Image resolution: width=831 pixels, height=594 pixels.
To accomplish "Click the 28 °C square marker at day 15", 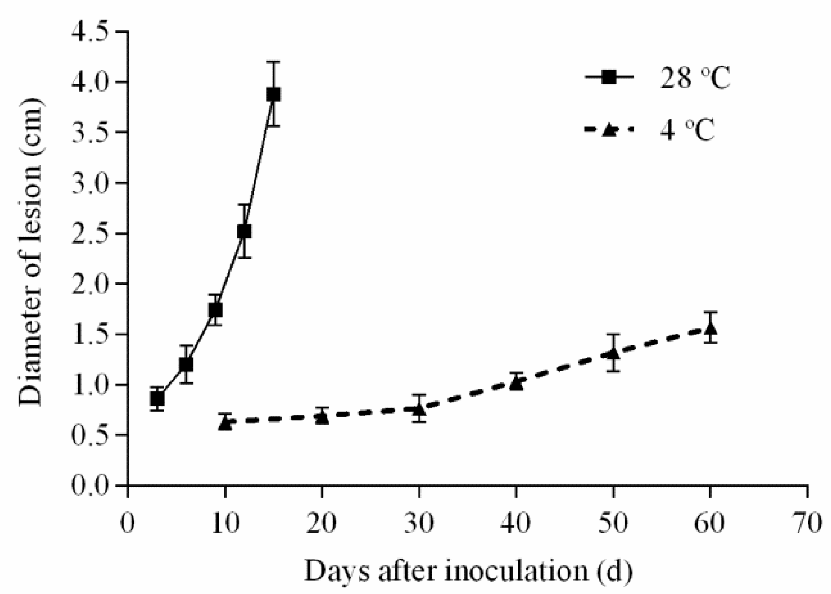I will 273,94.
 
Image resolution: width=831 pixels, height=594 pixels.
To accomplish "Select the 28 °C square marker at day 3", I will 157,399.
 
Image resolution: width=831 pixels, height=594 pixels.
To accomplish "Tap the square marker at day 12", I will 244,231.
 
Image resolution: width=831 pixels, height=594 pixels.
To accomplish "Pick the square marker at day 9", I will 215,310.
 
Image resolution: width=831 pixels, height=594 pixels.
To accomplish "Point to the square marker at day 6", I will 186,365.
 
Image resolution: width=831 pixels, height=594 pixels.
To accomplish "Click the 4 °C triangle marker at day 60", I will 710,328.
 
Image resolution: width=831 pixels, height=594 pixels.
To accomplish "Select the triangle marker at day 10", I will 226,423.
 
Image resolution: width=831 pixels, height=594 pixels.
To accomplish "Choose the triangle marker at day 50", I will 613,353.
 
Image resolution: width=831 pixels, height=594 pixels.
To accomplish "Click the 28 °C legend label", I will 695,78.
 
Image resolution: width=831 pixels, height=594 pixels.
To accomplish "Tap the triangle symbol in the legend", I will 609,130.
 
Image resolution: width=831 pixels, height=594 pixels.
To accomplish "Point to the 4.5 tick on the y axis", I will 121,32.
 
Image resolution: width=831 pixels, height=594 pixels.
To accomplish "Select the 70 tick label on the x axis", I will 808,524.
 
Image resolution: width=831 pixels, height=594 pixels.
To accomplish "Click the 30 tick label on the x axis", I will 419,524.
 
